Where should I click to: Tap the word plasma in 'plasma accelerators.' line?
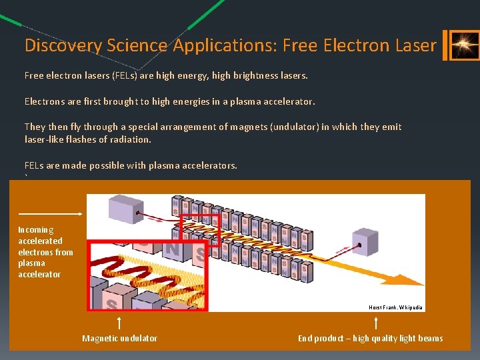click(x=161, y=165)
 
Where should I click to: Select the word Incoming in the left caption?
click(x=36, y=229)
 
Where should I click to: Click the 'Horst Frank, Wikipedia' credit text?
click(x=395, y=307)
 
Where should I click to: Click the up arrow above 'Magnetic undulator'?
click(x=119, y=323)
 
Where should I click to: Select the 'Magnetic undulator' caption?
click(x=120, y=338)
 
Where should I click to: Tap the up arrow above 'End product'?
click(x=377, y=323)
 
